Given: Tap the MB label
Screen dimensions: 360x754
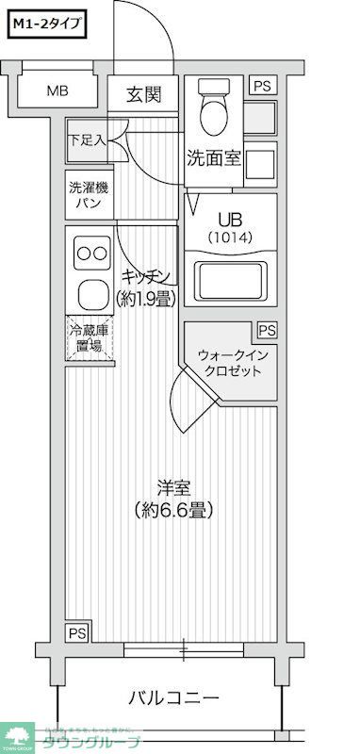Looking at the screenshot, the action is click(x=58, y=91).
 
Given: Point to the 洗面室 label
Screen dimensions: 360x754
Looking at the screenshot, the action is click(x=214, y=158).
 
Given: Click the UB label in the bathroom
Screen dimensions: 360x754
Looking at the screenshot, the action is click(x=230, y=217).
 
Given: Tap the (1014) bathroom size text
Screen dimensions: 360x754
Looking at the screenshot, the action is click(x=230, y=238).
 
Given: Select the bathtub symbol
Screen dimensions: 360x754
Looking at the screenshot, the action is click(x=230, y=280).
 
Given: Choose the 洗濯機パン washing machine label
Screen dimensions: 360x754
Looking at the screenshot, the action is click(x=88, y=194).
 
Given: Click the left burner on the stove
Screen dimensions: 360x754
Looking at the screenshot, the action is click(x=82, y=253).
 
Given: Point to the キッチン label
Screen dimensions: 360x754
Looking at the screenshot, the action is click(x=146, y=275).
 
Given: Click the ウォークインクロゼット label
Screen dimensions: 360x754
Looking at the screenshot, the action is click(x=231, y=363).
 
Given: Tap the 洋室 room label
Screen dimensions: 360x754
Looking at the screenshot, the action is click(x=174, y=488).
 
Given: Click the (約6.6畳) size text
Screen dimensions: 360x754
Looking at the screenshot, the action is click(x=174, y=510).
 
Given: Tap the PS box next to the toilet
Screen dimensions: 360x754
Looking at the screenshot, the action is click(x=263, y=86).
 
